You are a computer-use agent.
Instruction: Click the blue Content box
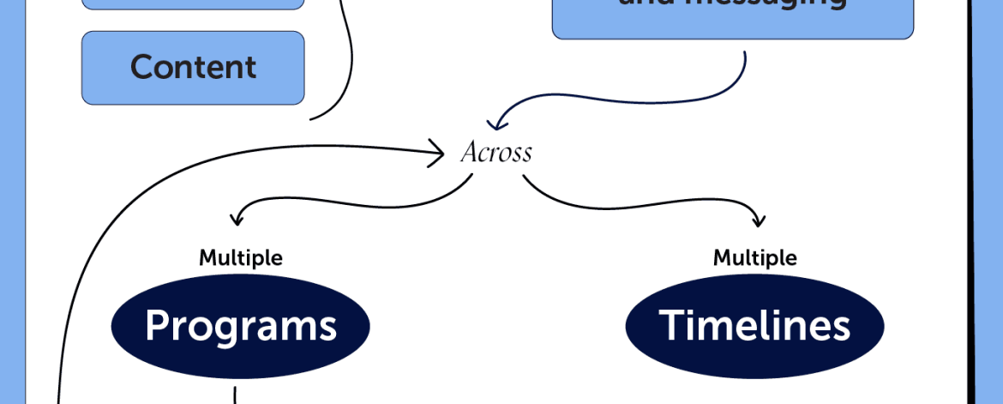click(193, 68)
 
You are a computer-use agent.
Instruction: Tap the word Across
click(496, 153)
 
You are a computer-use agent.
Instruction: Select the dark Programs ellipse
click(240, 326)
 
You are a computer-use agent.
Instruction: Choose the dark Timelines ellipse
click(754, 326)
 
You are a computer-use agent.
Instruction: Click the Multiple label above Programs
click(241, 257)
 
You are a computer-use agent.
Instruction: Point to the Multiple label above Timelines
click(755, 257)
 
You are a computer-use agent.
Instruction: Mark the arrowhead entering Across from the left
click(440, 153)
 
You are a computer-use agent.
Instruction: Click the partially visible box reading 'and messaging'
click(733, 17)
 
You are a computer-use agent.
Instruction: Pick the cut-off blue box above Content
click(193, 4)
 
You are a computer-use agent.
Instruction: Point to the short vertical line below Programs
click(235, 395)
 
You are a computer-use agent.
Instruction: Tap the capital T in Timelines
click(670, 326)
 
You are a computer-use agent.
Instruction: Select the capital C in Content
click(141, 68)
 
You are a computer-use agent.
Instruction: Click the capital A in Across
click(469, 153)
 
